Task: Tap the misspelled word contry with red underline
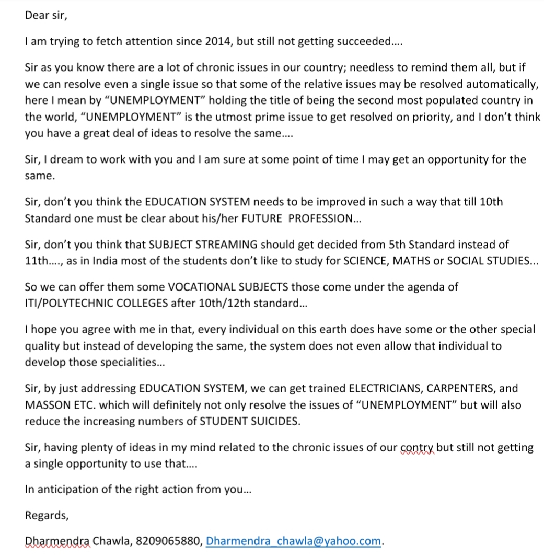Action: pyautogui.click(x=416, y=448)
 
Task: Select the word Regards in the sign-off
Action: pyautogui.click(x=46, y=515)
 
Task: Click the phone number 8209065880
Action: pyautogui.click(x=168, y=541)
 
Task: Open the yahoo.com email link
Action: pyautogui.click(x=294, y=541)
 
